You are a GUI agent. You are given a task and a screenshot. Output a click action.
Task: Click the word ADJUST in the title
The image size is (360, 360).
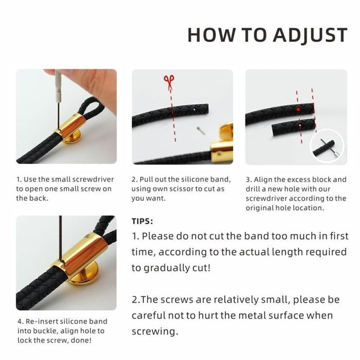coord(310,35)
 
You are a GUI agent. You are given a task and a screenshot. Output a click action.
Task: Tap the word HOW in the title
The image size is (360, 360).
coord(211,34)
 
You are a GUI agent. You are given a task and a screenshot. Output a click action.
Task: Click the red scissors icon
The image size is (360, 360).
coord(169,82)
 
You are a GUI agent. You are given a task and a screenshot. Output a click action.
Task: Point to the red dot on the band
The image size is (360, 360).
coord(298,110)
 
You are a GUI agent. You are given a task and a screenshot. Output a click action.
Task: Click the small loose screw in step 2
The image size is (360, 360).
coord(201,131)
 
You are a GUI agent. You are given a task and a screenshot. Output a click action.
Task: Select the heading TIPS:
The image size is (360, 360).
coord(142,221)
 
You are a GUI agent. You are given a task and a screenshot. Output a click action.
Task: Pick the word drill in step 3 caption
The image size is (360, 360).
coord(253,189)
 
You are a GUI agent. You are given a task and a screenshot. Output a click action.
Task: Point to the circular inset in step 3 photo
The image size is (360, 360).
coord(327,146)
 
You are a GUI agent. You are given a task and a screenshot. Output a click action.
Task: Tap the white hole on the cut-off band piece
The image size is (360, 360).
coord(300,124)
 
